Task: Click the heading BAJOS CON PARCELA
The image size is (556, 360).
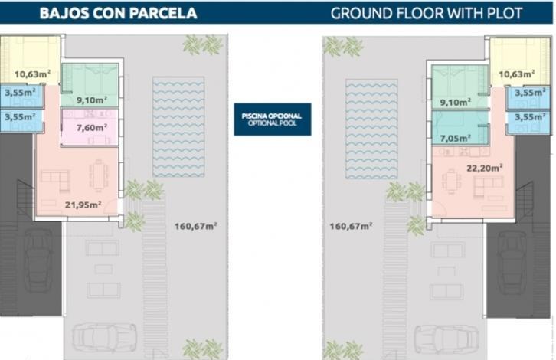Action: (118, 13)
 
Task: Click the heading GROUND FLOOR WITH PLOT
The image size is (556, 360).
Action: (427, 14)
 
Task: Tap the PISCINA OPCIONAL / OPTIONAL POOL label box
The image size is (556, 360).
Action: (273, 119)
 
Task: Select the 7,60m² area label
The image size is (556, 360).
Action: (92, 128)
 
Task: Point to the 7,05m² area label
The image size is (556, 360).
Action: (456, 139)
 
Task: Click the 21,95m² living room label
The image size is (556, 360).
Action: (83, 205)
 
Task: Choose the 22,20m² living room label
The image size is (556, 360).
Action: (484, 168)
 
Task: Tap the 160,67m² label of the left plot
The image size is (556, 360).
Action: (196, 226)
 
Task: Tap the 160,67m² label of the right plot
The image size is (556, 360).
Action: (351, 226)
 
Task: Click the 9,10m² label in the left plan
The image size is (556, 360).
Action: (92, 100)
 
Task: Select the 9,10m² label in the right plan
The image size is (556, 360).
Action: (456, 103)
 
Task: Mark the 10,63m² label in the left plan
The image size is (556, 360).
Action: (32, 74)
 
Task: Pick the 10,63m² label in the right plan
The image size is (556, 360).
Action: (517, 74)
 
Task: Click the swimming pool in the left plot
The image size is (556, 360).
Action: (178, 127)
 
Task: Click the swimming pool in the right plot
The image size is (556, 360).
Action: (371, 129)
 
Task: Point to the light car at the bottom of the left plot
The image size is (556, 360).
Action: (104, 338)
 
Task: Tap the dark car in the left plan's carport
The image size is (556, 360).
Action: (38, 260)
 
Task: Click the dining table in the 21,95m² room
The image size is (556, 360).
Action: (99, 176)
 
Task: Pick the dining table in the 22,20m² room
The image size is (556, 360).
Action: (450, 182)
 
